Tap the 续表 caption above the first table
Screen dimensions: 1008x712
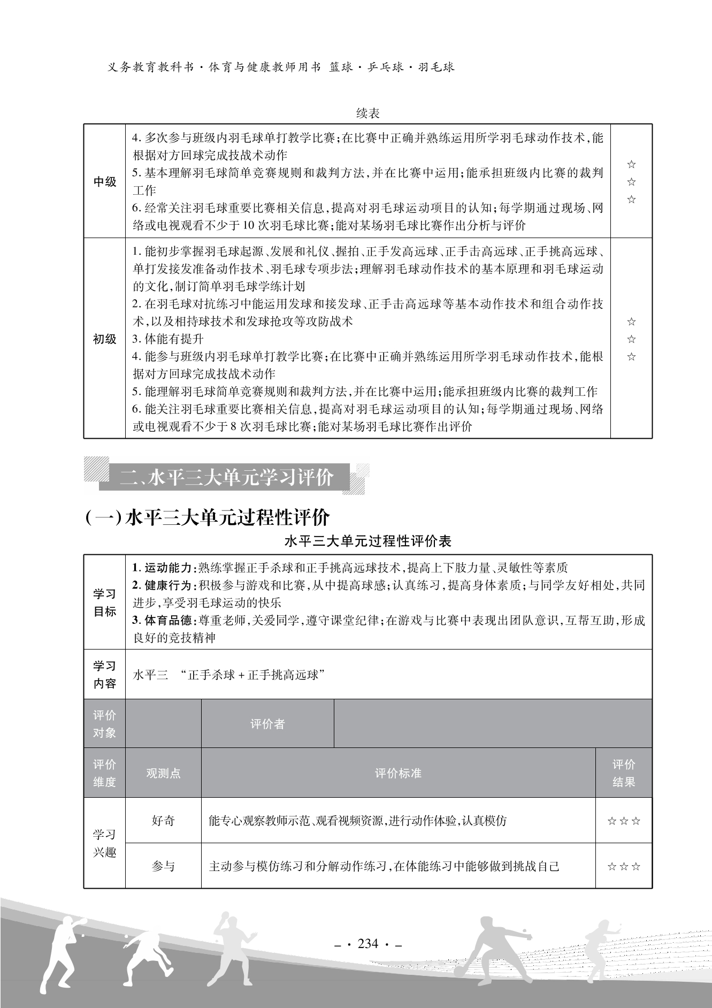pos(368,113)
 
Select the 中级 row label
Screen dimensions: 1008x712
pos(105,182)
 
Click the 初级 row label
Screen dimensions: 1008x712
pos(105,339)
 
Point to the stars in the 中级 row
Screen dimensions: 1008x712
pos(631,182)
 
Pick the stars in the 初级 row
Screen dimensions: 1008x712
pos(631,339)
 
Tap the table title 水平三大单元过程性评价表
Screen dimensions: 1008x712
pos(368,541)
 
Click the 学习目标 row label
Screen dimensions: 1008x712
pos(105,602)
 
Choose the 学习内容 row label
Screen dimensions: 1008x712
pos(105,675)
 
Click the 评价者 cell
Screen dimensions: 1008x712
pos(267,724)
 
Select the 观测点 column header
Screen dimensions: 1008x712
pos(163,773)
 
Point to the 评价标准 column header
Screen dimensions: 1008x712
pos(398,773)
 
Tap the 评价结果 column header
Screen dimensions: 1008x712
pos(624,773)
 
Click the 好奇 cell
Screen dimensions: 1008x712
pos(163,820)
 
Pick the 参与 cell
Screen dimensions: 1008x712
pos(163,866)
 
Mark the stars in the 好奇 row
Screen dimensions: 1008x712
pos(624,821)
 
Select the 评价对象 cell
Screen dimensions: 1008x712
pos(105,724)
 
